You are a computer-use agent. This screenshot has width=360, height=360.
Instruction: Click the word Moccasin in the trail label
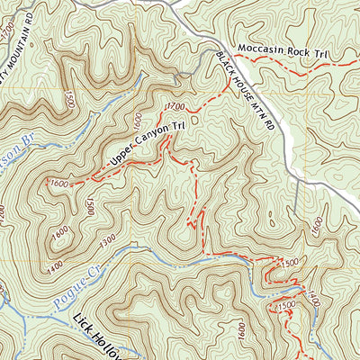260,49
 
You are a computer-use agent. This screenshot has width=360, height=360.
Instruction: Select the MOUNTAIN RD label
23,45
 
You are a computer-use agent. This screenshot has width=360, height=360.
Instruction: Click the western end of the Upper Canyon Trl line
70,183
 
